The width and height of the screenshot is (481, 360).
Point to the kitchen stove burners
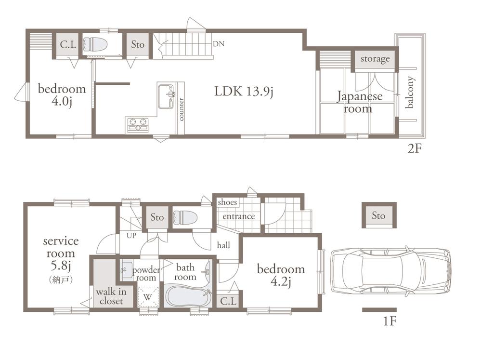click(138, 125)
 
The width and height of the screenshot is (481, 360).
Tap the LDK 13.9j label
click(244, 92)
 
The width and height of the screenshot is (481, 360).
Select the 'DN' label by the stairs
click(218, 44)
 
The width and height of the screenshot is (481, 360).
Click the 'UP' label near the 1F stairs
click(131, 236)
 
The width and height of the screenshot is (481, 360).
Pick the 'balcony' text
click(410, 93)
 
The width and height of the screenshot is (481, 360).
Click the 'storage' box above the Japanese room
click(375, 59)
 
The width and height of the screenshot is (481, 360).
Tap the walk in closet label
click(111, 296)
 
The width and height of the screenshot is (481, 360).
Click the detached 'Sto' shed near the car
click(378, 215)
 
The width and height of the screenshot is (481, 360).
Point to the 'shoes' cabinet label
click(227, 202)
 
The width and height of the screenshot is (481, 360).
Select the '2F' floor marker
click(415, 148)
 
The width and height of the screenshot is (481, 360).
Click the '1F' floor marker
click(390, 320)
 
